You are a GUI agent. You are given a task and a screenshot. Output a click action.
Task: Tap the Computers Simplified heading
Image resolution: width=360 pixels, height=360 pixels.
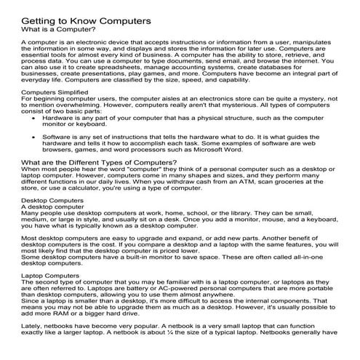click(60, 94)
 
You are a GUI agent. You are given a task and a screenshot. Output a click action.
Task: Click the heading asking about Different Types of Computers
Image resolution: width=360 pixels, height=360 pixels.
click(99, 161)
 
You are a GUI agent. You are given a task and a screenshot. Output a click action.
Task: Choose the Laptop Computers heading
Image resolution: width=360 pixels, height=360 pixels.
click(51, 276)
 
